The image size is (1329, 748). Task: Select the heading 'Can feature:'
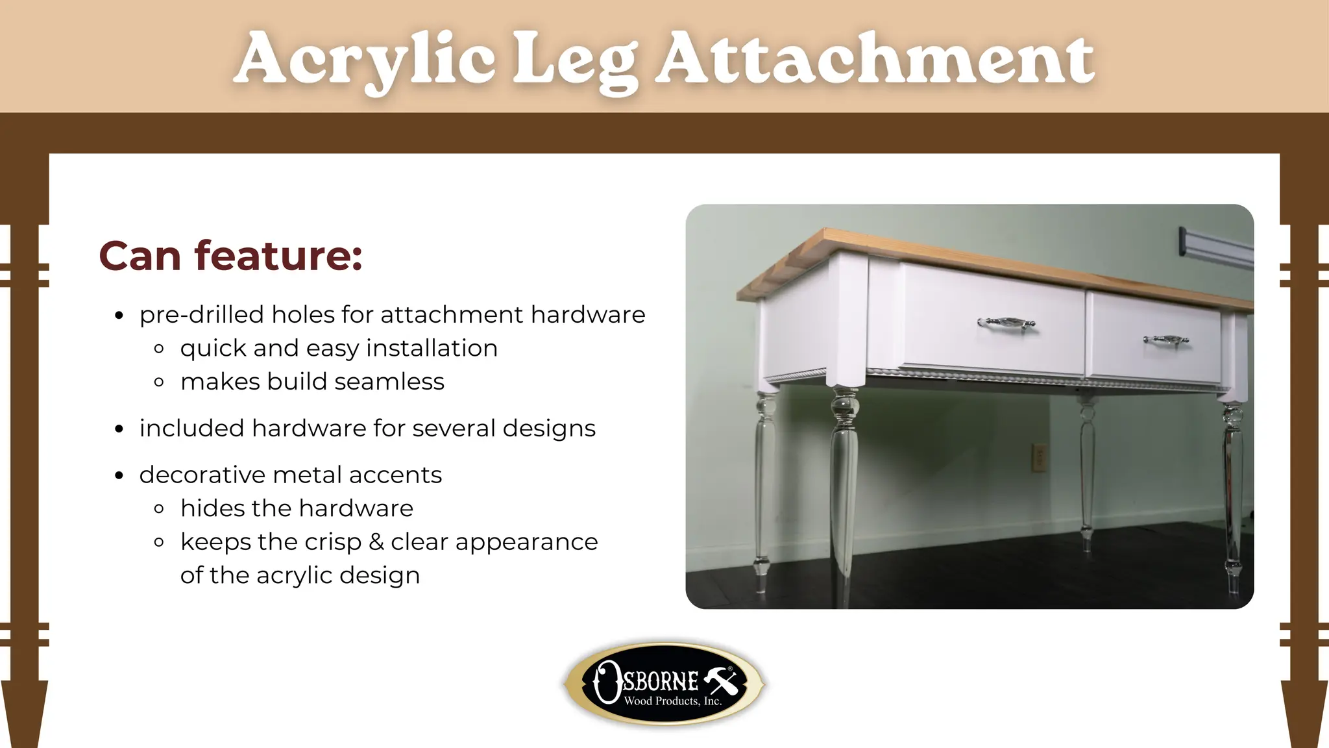click(230, 256)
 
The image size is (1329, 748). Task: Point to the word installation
click(432, 348)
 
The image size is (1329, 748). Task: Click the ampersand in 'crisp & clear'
click(376, 542)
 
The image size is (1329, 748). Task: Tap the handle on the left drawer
click(1006, 323)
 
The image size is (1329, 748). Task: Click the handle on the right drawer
click(1166, 340)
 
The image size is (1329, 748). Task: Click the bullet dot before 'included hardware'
click(119, 429)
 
